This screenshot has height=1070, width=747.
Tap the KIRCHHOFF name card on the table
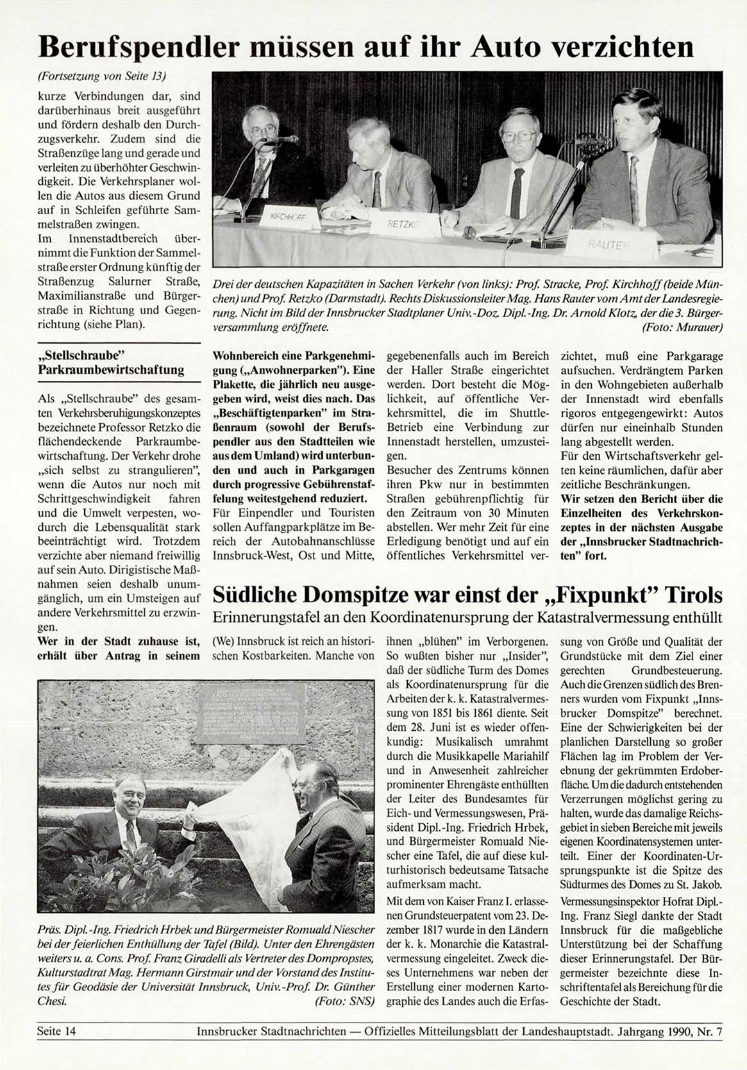pyautogui.click(x=285, y=216)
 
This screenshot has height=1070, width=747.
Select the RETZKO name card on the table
pyautogui.click(x=403, y=224)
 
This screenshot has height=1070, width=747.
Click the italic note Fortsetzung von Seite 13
pyautogui.click(x=102, y=76)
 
